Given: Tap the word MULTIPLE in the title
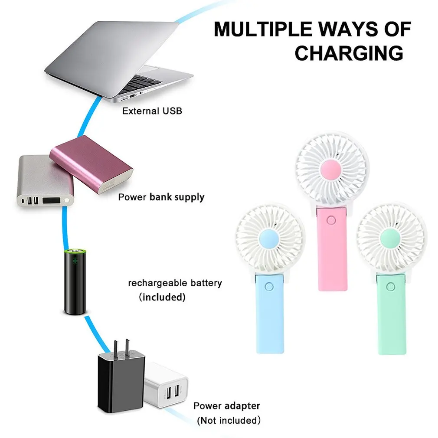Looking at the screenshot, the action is [263, 29].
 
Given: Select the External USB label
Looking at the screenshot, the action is [152, 111].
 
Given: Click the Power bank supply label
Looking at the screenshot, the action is [161, 197].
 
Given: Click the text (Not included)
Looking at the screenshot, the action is [229, 420].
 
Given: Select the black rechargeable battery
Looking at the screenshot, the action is [75, 281].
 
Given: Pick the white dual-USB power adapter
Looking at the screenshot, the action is [166, 385].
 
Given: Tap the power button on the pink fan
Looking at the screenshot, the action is [331, 220].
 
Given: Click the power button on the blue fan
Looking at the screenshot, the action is [269, 287].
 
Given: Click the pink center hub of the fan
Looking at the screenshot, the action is [331, 170].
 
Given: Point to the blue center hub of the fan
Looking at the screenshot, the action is [269, 239].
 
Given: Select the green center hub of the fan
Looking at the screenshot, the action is [391, 238].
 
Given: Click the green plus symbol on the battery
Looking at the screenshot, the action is [75, 261].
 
